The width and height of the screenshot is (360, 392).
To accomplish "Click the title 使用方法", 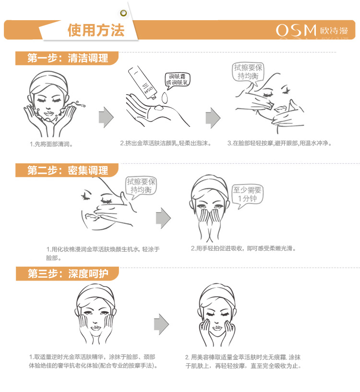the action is coord(96,30).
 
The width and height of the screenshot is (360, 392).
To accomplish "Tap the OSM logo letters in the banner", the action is coord(296,30).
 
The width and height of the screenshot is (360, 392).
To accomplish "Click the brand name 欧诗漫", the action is coord(334,31).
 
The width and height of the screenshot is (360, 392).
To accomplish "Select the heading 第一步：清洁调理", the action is coord(68,58).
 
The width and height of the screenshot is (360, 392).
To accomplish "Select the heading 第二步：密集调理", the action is coord(68,170).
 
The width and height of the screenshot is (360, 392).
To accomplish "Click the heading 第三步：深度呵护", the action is coord(68,273).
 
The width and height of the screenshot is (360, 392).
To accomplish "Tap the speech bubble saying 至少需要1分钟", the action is coord(247,195).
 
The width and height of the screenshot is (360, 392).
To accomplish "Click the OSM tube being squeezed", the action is coord(142,83).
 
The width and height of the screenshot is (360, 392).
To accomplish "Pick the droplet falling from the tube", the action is coord(164,98).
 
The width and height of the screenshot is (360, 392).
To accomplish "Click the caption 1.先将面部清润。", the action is coord(51,144).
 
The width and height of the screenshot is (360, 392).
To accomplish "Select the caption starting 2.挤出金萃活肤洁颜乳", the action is coord(166,143).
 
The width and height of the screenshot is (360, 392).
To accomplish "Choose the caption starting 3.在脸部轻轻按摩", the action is coord(279,143).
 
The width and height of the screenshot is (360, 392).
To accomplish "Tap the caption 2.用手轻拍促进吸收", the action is coord(243,248).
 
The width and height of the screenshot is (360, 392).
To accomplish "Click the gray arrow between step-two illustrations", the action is coord(163,218).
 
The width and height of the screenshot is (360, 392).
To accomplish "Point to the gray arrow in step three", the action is coord(161,324).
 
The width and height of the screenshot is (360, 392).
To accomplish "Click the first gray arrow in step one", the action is coord(106,118).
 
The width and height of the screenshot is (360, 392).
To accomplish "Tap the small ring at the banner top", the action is coord(123,13).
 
